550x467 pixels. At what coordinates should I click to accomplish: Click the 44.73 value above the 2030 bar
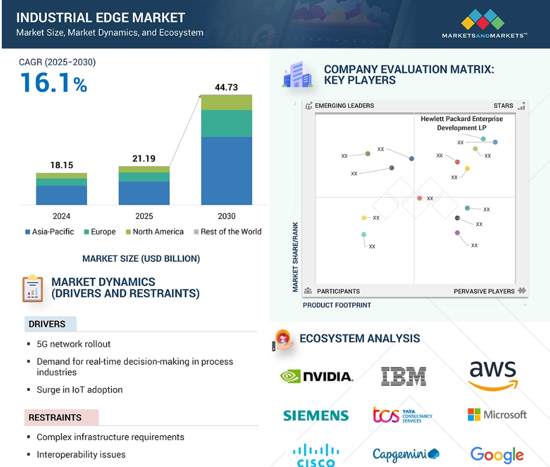[x=226, y=88]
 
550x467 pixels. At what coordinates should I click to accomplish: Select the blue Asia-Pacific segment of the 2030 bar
[x=226, y=171]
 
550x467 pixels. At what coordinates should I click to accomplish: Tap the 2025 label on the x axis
[x=144, y=216]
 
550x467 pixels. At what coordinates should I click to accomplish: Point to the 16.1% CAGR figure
[x=54, y=83]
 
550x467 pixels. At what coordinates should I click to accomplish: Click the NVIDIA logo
[x=316, y=376]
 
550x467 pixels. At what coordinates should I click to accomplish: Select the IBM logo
[x=403, y=376]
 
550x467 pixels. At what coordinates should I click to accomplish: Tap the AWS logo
[x=493, y=375]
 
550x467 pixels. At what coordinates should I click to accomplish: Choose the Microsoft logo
[x=497, y=414]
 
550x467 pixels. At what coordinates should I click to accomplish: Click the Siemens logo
[x=316, y=416]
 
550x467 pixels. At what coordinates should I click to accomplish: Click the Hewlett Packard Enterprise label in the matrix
[x=461, y=123]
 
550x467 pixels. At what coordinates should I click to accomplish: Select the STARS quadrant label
[x=503, y=106]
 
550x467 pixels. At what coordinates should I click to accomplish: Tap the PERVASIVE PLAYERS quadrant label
[x=484, y=291]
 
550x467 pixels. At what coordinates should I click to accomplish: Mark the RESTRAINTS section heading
[x=55, y=418]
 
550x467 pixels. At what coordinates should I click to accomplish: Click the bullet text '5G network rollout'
[x=74, y=344]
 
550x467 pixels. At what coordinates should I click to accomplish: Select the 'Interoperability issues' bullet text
[x=81, y=454]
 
